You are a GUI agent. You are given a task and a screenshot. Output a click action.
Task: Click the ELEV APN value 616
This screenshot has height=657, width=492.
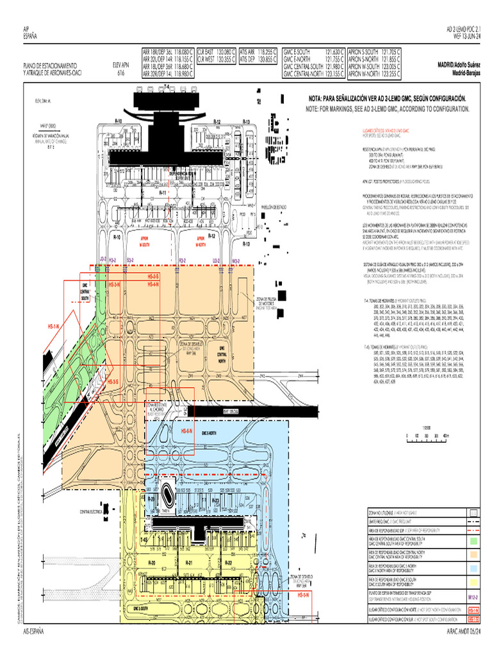point(120,73)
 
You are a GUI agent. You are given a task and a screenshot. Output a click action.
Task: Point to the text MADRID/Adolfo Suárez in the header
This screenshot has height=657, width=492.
point(459,65)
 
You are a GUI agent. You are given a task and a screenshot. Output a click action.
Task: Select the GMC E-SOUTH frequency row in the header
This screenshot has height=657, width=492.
point(314,51)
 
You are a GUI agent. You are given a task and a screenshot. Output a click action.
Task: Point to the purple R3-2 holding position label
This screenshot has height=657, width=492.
point(182,260)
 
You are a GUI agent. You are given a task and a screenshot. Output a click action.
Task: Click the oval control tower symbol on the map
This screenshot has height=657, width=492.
point(168,495)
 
